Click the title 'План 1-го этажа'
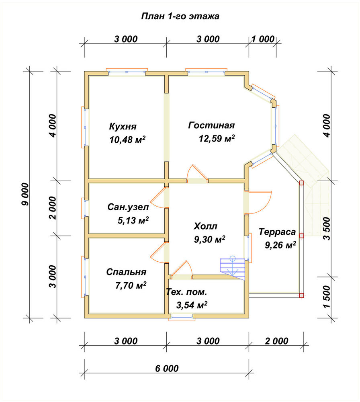pyautogui.click(x=180, y=16)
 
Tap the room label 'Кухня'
pyautogui.click(x=123, y=126)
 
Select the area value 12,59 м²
pyautogui.click(x=217, y=139)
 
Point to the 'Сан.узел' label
pyautogui.click(x=128, y=207)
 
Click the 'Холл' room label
pyautogui.click(x=205, y=226)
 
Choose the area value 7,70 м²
pyautogui.click(x=131, y=285)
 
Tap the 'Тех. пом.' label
pyautogui.click(x=186, y=292)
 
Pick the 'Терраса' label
pyautogui.click(x=277, y=232)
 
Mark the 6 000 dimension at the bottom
pyautogui.click(x=167, y=368)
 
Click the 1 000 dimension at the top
pyautogui.click(x=263, y=39)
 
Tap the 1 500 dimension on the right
pyautogui.click(x=327, y=297)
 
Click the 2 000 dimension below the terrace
pyautogui.click(x=276, y=341)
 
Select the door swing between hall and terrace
pyautogui.click(x=258, y=202)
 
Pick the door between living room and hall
pyautogui.click(x=197, y=174)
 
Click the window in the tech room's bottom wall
pyautogui.click(x=182, y=318)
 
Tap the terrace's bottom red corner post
pyautogui.click(x=302, y=295)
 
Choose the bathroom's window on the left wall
pyautogui.click(x=84, y=208)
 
